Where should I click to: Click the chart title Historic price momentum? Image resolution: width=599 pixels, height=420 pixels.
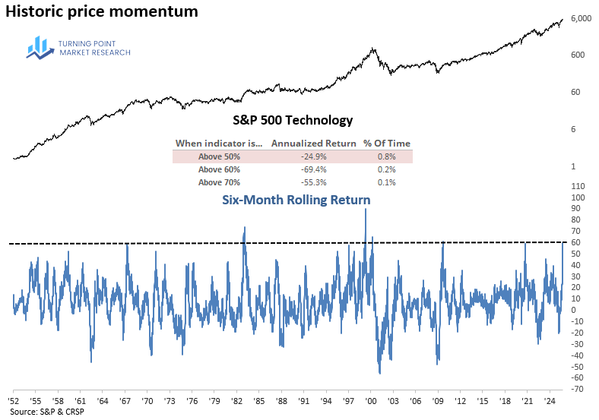(102, 12)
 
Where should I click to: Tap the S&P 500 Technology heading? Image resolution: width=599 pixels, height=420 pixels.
(293, 120)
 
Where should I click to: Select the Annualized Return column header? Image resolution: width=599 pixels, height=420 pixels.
(314, 143)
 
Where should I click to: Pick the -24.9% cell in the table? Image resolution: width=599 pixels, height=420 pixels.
(314, 156)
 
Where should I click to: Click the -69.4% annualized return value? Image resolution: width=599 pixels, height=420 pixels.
(314, 169)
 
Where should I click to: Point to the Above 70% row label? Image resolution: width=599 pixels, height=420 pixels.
(219, 182)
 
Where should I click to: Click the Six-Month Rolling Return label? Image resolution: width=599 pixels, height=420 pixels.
(296, 200)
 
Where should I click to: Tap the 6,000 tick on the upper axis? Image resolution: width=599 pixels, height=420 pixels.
(581, 19)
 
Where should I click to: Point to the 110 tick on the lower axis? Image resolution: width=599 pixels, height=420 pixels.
(577, 186)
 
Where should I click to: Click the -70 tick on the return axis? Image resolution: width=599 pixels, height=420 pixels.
(577, 389)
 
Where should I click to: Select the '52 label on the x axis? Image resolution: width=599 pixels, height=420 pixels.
(14, 399)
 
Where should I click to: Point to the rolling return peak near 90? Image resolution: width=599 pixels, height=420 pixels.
(366, 210)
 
